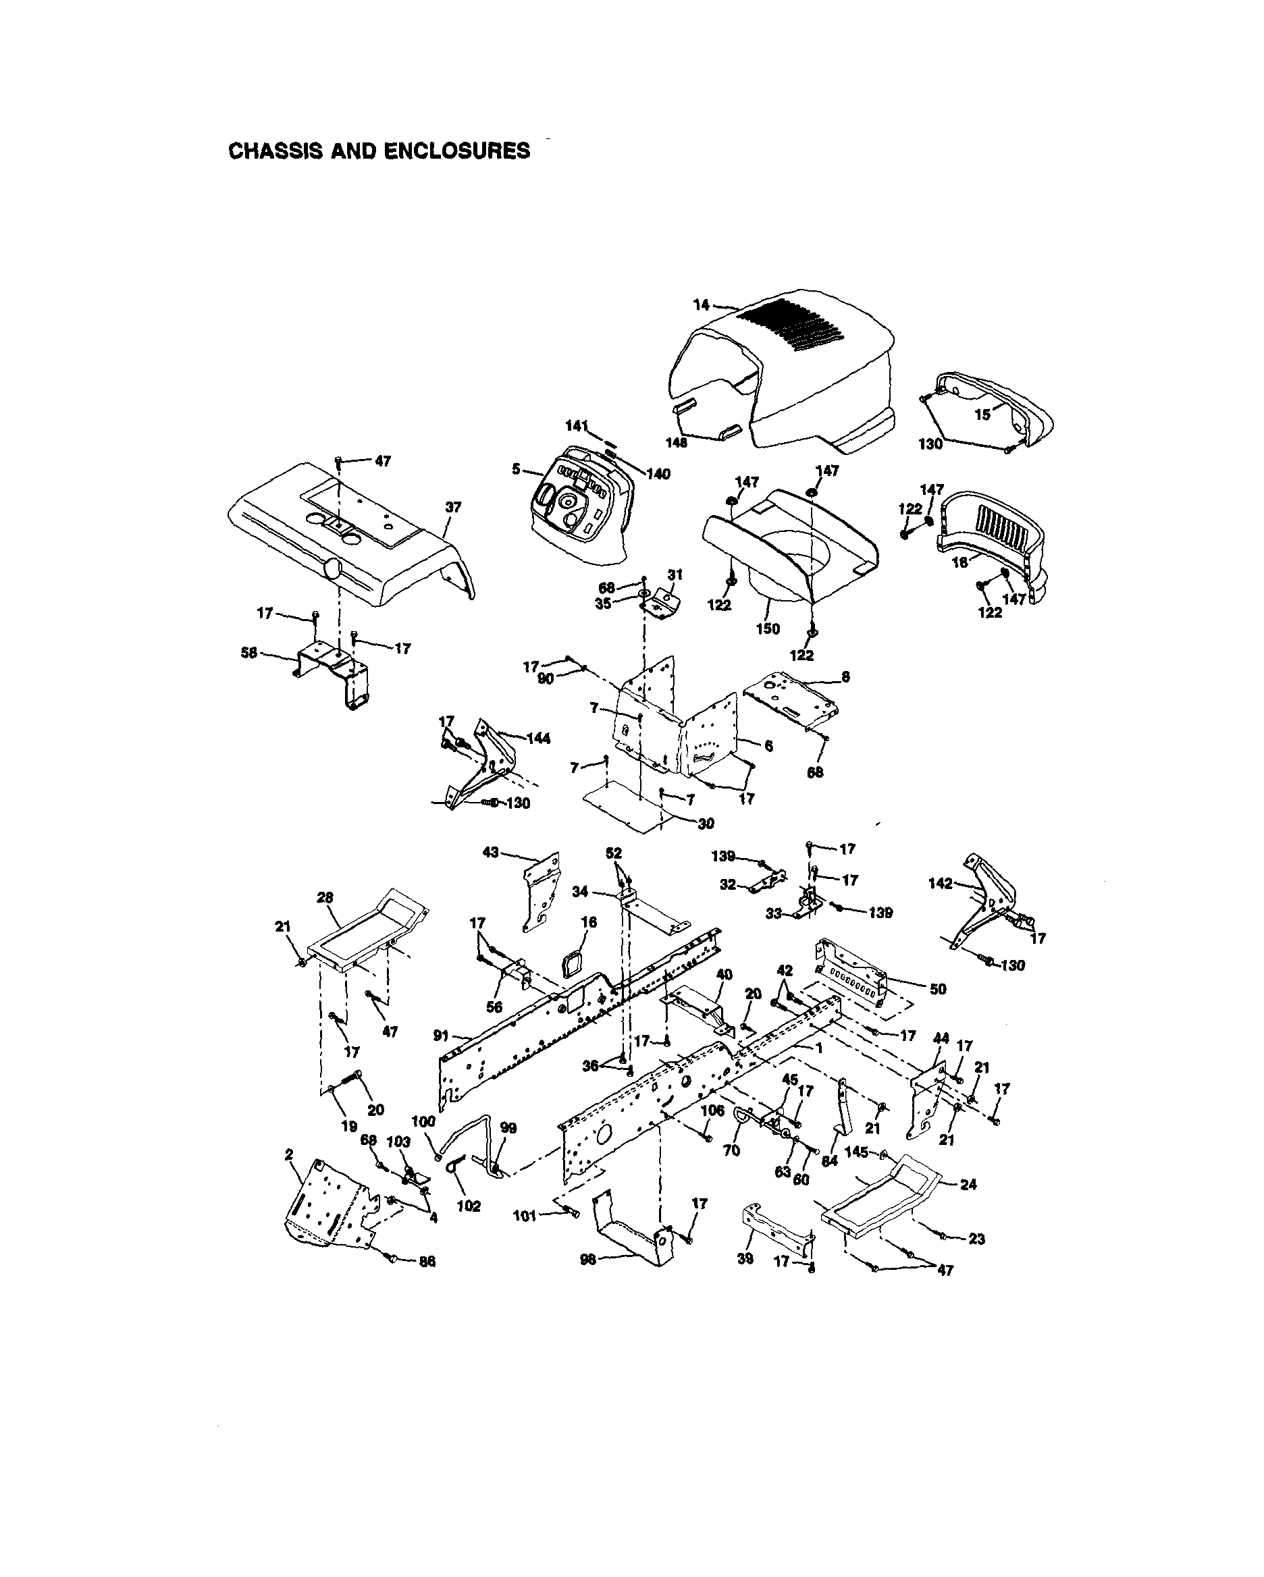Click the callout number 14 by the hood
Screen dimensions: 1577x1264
tap(701, 305)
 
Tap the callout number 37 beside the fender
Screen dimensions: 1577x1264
tap(453, 507)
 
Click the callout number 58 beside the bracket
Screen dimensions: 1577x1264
tap(249, 652)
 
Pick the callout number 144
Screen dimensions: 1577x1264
tap(538, 738)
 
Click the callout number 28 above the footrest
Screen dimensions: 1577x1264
tap(325, 897)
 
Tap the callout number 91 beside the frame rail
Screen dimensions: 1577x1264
tap(441, 1036)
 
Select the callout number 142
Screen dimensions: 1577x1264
tap(940, 884)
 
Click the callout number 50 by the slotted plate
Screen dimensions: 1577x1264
tap(938, 989)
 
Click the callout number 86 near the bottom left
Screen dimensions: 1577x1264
tap(427, 1261)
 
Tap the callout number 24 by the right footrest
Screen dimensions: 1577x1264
tap(968, 1183)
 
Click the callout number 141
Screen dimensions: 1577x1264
tap(576, 426)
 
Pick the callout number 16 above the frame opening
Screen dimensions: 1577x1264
tap(589, 922)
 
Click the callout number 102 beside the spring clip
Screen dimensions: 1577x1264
tap(469, 1206)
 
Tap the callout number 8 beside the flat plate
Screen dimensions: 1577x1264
tap(845, 676)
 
